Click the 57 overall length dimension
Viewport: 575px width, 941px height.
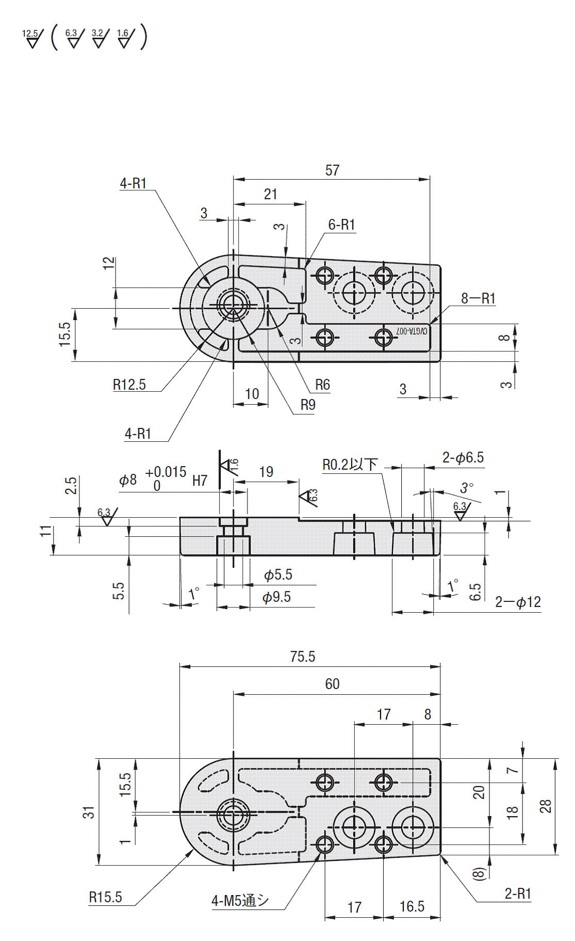click(332, 170)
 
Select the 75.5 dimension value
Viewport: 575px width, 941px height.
click(302, 657)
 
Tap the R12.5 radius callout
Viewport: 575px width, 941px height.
click(129, 385)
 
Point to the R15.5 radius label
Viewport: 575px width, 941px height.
click(105, 897)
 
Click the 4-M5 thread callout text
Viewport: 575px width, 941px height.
click(240, 901)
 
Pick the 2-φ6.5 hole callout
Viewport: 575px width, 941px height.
click(463, 458)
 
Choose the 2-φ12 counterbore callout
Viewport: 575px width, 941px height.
click(518, 602)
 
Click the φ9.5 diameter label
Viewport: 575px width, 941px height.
click(277, 597)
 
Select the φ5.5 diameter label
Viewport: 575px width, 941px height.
click(278, 575)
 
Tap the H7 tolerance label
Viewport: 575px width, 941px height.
click(200, 481)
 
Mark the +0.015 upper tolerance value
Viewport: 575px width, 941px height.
click(166, 472)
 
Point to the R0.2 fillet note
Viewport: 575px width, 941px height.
click(350, 465)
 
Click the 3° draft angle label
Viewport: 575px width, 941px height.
click(467, 487)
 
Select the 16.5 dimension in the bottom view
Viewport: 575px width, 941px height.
click(412, 906)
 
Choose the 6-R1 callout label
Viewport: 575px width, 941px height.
click(341, 225)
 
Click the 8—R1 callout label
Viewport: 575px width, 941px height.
click(478, 298)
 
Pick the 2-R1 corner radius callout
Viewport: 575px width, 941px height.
click(518, 894)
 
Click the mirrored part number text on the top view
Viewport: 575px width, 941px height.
click(412, 331)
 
